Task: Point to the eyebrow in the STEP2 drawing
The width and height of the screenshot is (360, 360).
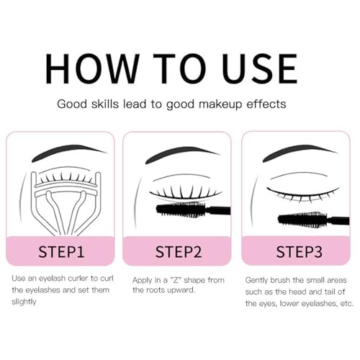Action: pos(180,156)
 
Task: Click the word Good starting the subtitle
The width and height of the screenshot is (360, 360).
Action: pos(73,104)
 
